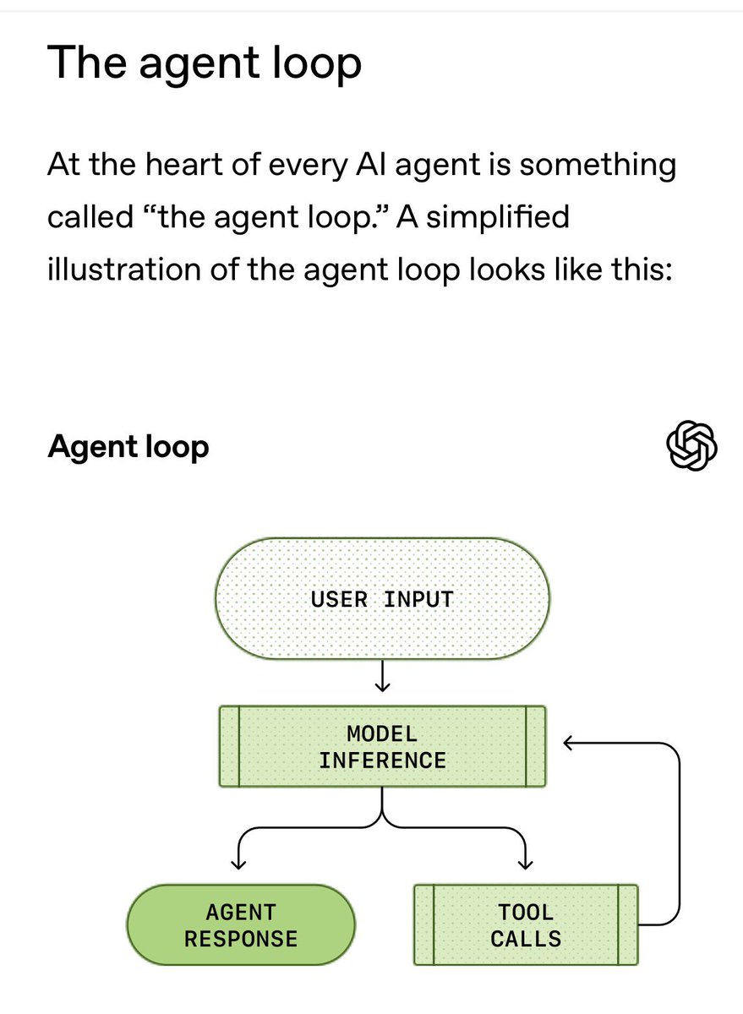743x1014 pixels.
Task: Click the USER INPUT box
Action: [382, 599]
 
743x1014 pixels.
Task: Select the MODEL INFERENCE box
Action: [382, 746]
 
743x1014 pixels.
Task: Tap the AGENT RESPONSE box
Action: [241, 925]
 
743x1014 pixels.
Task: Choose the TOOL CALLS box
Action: [525, 925]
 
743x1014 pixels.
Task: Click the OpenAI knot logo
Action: [691, 445]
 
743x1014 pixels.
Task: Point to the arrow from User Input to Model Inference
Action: [382, 676]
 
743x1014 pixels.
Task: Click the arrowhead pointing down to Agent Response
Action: [239, 863]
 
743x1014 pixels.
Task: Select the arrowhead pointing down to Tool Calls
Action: [526, 863]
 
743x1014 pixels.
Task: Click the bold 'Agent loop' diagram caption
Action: [128, 446]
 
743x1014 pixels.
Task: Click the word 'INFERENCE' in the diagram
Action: [382, 760]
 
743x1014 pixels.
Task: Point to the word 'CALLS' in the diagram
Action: [526, 939]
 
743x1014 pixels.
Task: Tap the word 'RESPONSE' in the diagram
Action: [241, 939]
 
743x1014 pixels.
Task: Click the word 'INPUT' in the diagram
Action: [418, 599]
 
